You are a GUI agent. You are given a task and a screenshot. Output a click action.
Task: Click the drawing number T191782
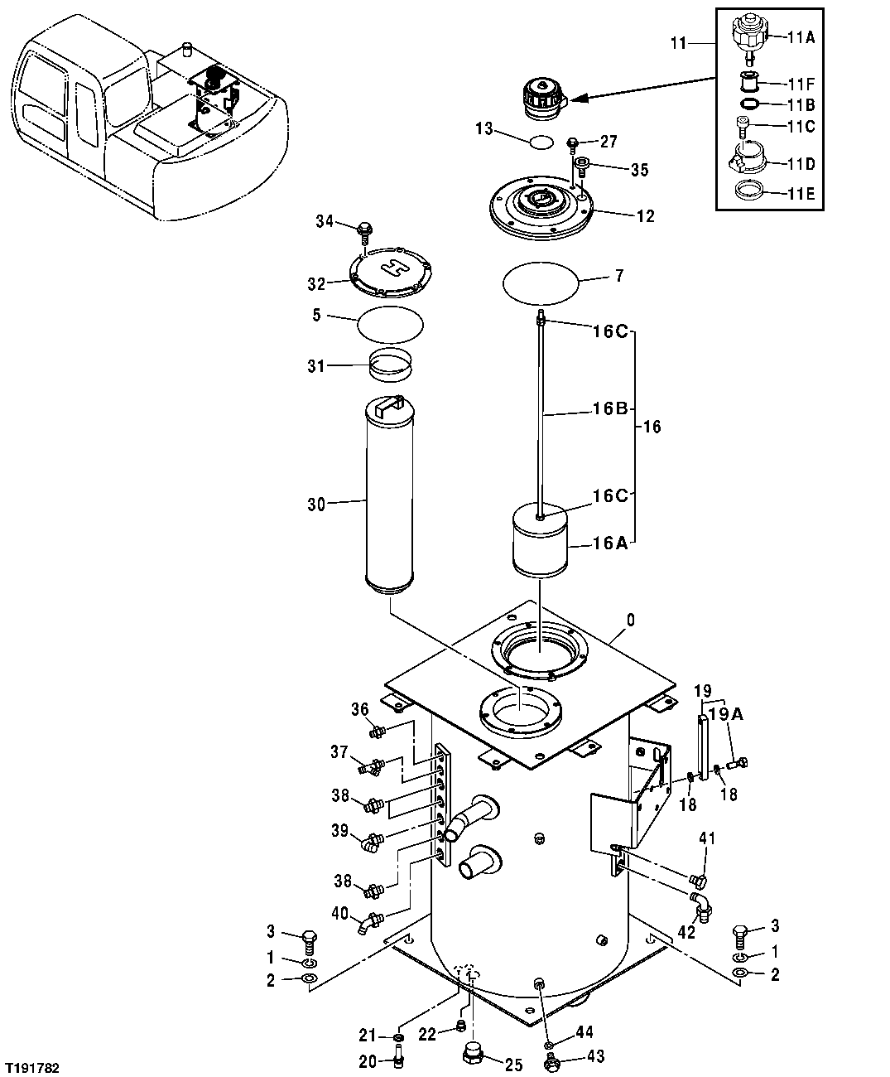(x=32, y=1069)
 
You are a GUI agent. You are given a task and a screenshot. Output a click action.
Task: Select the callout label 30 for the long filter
(x=316, y=503)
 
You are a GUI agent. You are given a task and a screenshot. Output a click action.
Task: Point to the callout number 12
(x=646, y=217)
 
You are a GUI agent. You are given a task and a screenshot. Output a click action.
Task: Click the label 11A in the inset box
(x=801, y=37)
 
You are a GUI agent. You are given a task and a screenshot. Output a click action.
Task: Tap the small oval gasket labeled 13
(x=541, y=142)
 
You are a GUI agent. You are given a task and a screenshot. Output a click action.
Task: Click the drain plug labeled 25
(x=473, y=1055)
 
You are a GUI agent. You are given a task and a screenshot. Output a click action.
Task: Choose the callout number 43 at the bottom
(x=595, y=1056)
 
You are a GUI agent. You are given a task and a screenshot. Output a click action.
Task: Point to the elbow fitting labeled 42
(x=702, y=906)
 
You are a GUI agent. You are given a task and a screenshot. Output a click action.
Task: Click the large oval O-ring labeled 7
(x=540, y=283)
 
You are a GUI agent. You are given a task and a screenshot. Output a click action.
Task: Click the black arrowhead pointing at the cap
(x=578, y=99)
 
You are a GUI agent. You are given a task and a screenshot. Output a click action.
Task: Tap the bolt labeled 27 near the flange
(x=572, y=145)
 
